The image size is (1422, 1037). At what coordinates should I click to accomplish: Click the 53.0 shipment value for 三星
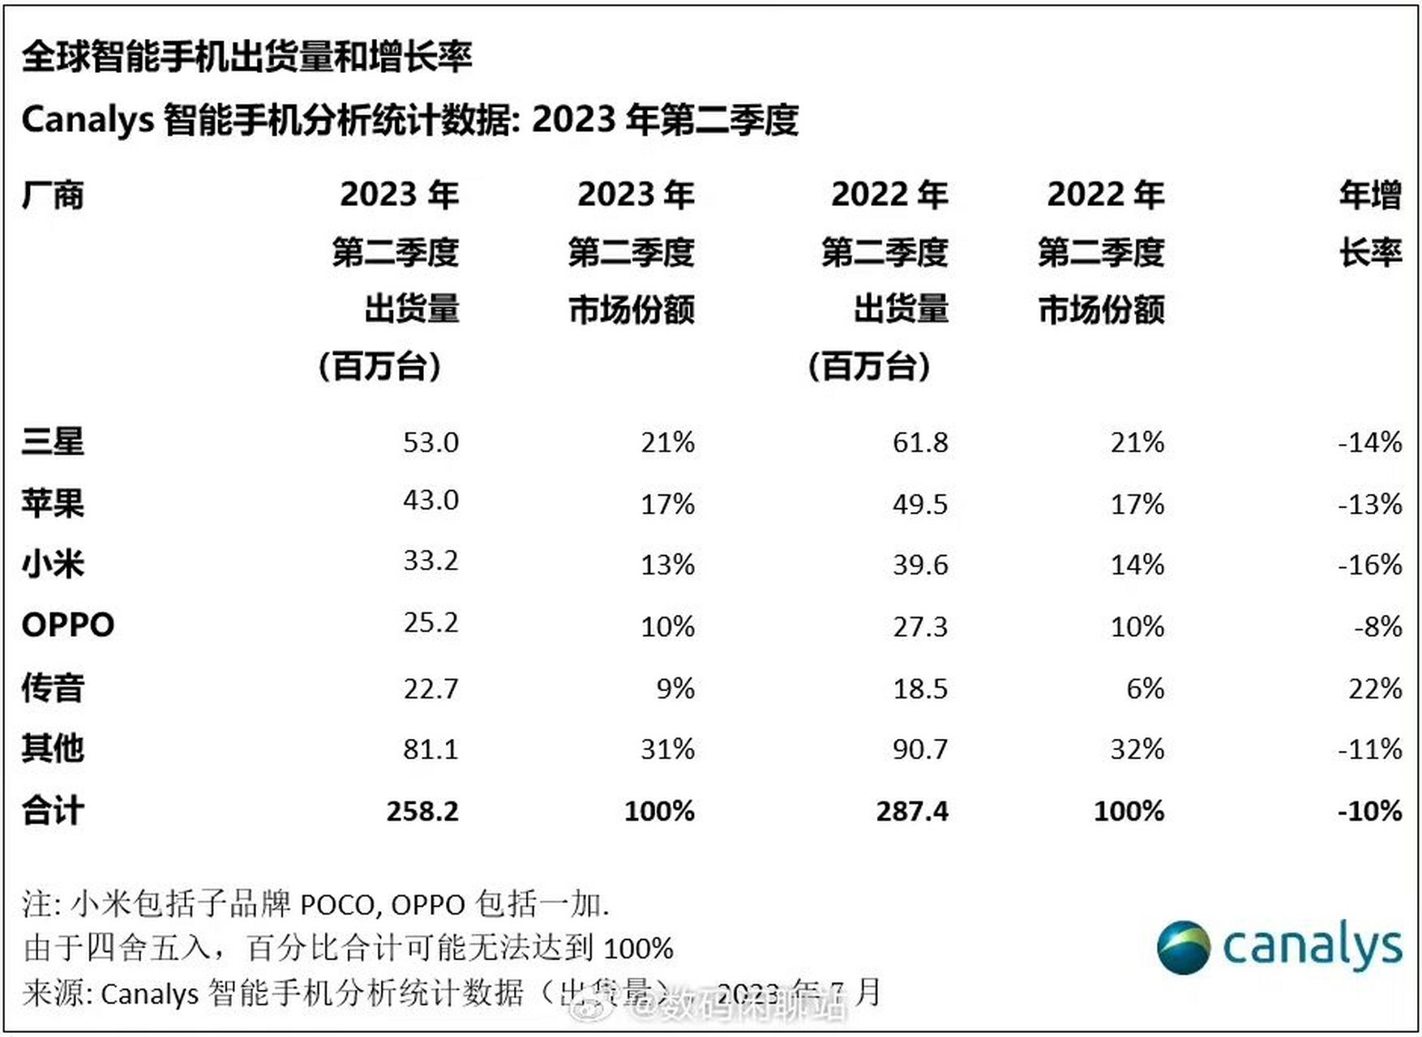[x=430, y=442]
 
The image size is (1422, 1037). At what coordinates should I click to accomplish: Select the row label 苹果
[x=53, y=503]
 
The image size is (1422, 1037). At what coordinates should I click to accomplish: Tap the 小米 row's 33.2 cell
[x=430, y=561]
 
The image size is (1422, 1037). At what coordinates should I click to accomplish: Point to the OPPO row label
[x=68, y=625]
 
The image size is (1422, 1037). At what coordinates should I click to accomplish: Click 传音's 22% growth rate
[x=1375, y=689]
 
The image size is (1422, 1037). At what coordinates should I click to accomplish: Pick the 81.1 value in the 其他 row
[x=430, y=749]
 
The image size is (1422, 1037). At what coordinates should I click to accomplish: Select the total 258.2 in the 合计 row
[x=422, y=811]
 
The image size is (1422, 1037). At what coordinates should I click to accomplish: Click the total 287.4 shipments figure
[x=912, y=811]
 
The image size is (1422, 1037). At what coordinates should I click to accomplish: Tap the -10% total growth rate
[x=1370, y=811]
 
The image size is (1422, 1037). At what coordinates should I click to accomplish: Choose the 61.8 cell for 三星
[x=920, y=442]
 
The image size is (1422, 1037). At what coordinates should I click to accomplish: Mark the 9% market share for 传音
[x=675, y=689]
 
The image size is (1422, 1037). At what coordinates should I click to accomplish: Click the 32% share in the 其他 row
[x=1137, y=749]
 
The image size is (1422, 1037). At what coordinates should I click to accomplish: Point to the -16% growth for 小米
[x=1370, y=564]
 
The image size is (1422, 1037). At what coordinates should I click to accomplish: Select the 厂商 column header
[x=53, y=195]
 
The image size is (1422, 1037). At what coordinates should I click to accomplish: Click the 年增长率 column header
[x=1370, y=224]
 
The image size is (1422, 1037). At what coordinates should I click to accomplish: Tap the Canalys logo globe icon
[x=1184, y=946]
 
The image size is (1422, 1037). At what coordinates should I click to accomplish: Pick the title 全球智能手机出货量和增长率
[x=247, y=57]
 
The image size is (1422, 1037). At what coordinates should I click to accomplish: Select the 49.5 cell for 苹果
[x=920, y=504]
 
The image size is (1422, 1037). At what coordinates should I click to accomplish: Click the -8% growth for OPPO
[x=1377, y=626]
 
